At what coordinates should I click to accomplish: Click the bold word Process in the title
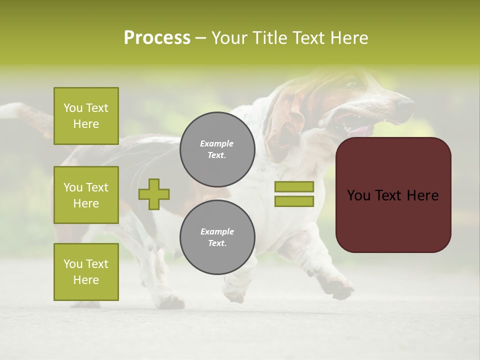coord(157,38)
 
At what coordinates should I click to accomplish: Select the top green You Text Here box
coord(86,116)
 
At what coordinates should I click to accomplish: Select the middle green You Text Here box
coord(86,195)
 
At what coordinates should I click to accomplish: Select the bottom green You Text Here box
coord(86,272)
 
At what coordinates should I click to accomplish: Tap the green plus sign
coord(154,194)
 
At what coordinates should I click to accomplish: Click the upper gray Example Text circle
coord(217,149)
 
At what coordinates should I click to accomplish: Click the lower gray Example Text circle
coord(217,237)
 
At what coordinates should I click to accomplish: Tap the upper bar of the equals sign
coord(294,187)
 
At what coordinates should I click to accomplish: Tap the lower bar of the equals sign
coord(294,201)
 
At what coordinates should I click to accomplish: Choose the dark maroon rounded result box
coord(393,220)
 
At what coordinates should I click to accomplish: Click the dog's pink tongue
coord(362,131)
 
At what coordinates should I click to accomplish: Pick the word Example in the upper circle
coord(217,143)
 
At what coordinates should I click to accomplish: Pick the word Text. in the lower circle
coord(217,243)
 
